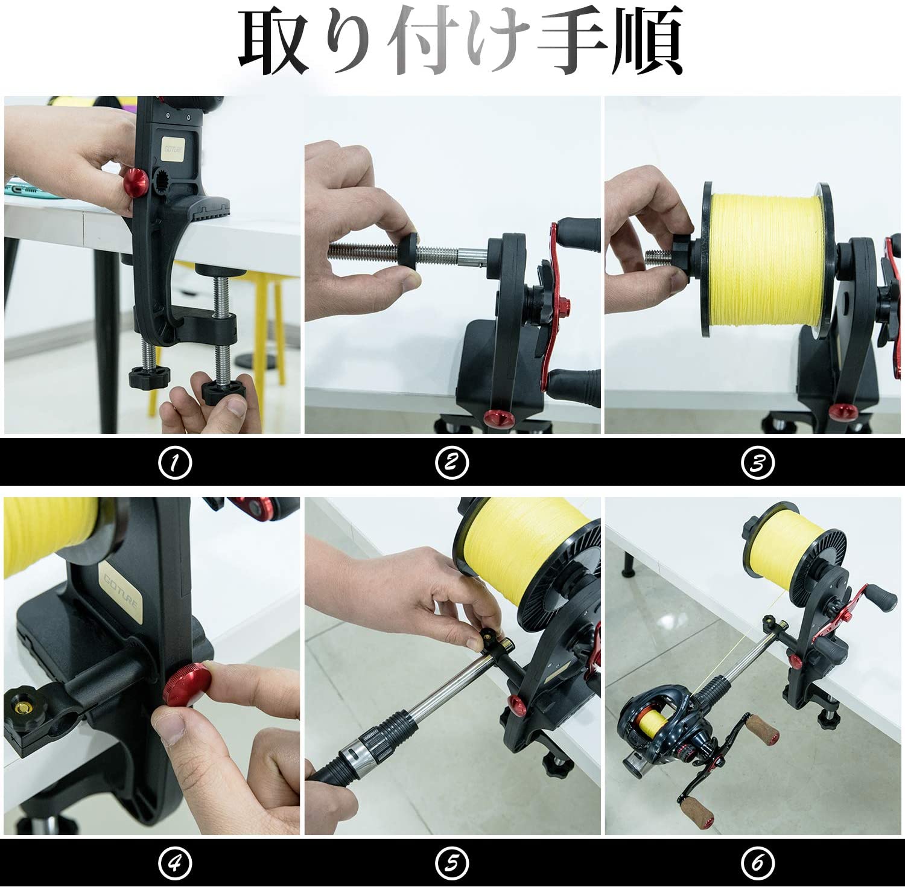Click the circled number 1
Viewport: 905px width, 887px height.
174,463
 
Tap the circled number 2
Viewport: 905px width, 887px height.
451,463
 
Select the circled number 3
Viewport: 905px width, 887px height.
757,463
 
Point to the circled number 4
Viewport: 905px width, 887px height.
174,863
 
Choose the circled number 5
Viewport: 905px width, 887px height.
451,863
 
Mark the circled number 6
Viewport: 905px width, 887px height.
757,863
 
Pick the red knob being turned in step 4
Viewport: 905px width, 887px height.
187,684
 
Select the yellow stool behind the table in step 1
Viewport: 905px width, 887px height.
265,314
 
